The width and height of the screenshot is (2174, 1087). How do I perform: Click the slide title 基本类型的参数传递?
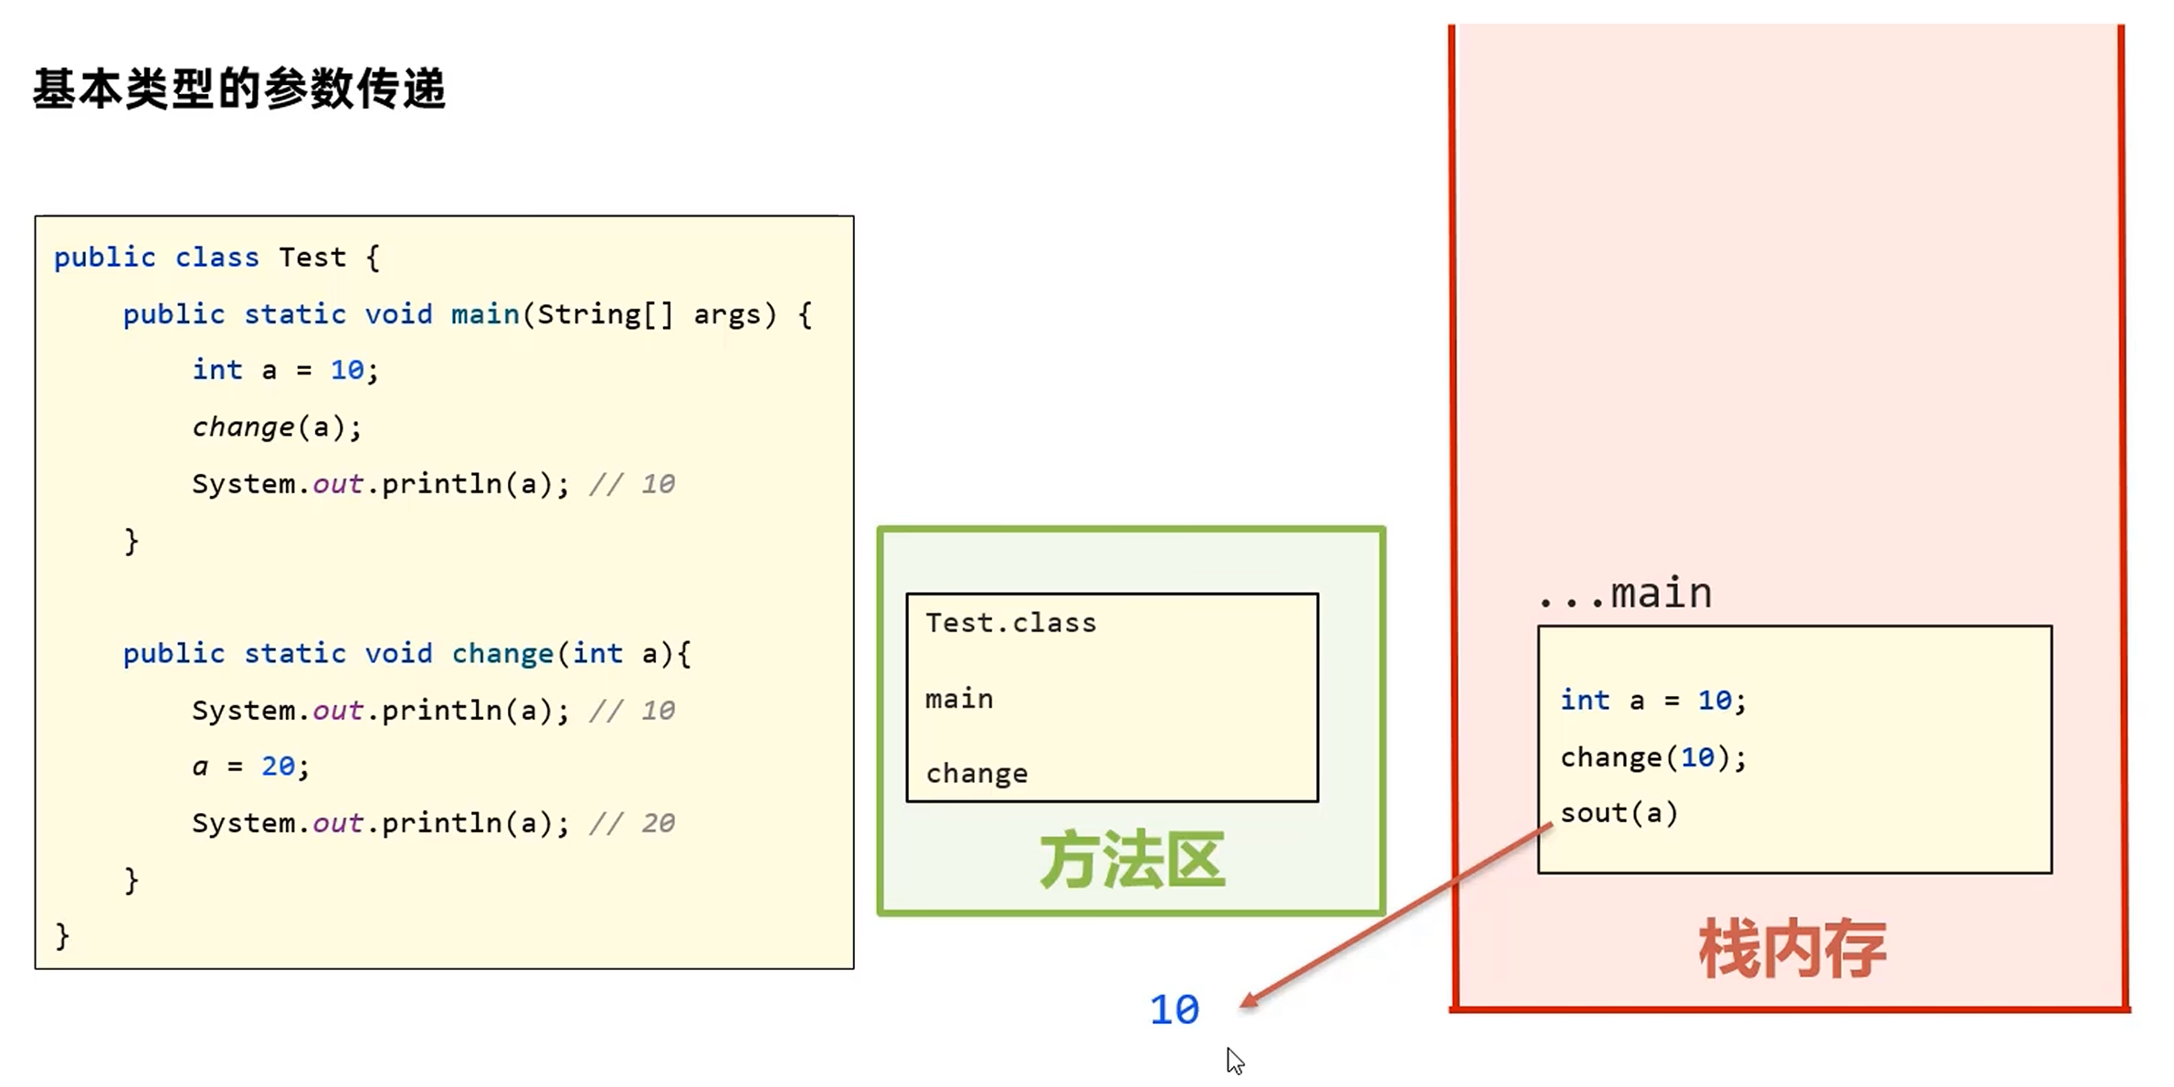point(238,90)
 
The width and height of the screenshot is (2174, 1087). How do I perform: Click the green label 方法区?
point(1132,860)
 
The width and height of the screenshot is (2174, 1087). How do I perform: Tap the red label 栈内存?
point(1792,948)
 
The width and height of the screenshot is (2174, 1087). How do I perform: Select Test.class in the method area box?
point(1010,623)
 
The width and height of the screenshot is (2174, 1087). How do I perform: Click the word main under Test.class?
point(959,699)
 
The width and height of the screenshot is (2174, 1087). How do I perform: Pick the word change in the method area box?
point(976,774)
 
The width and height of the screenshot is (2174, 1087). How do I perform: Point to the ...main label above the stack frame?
point(1625,594)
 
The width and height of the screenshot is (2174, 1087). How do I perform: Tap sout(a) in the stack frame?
point(1619,813)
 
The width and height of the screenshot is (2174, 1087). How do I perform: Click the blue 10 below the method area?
point(1174,1009)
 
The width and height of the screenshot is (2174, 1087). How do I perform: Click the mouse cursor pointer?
point(1234,1060)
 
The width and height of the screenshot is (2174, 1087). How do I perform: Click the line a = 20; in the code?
point(250,766)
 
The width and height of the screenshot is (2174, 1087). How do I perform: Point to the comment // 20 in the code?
point(632,823)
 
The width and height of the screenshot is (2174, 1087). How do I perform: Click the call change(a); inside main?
point(277,427)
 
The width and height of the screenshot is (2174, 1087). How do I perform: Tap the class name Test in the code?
point(312,258)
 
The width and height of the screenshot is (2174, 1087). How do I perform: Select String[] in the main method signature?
point(605,314)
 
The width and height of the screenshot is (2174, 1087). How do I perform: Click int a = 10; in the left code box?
point(285,370)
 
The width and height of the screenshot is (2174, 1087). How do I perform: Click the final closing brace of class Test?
point(62,935)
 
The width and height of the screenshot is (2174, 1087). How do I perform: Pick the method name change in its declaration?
point(502,654)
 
